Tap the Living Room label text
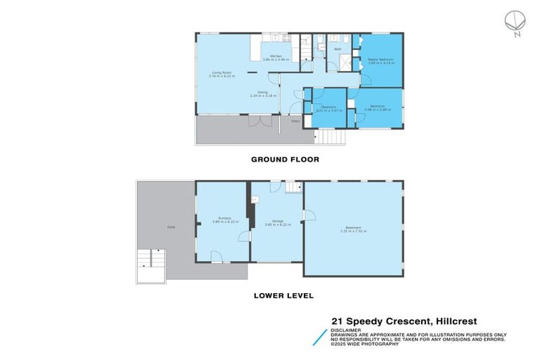(223, 72)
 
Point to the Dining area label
(262, 93)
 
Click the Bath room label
(337, 49)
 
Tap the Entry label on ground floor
(295, 121)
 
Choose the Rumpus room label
(225, 219)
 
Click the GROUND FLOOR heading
(285, 160)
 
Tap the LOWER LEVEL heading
(283, 296)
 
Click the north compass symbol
(515, 22)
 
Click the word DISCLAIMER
(347, 329)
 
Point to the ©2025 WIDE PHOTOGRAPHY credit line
(366, 344)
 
